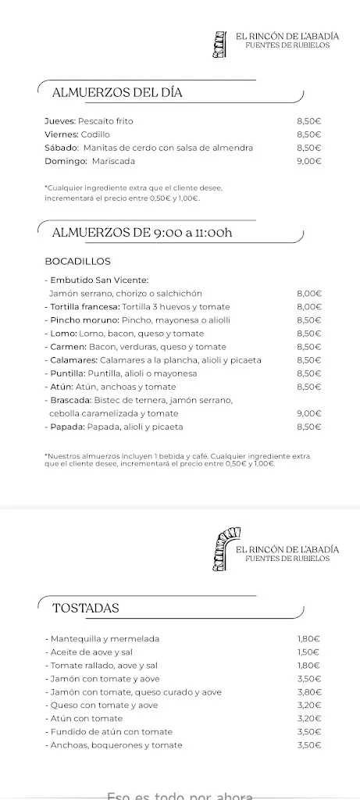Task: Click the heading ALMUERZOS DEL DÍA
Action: pos(117,93)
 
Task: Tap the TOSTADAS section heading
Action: pos(86,608)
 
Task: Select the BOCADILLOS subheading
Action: pos(78,261)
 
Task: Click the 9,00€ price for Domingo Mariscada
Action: pos(309,161)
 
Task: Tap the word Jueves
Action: pos(60,121)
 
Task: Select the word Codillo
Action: pos(95,134)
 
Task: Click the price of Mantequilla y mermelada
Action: pos(309,638)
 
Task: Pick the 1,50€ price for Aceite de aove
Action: pos(309,652)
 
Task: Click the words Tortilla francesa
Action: pos(78,307)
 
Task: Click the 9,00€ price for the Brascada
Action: pos(309,413)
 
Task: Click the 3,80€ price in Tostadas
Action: pos(309,691)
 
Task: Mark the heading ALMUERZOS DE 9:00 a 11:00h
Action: pos(142,232)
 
